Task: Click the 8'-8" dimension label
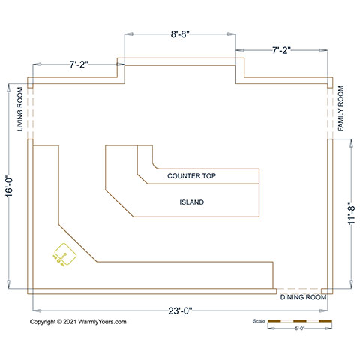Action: [x=180, y=34]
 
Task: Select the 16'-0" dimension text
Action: [x=9, y=186]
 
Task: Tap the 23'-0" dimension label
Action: [x=180, y=310]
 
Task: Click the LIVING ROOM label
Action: [x=20, y=109]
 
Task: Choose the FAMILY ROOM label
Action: [x=340, y=109]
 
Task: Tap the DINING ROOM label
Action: [x=303, y=297]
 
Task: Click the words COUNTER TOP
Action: [x=191, y=176]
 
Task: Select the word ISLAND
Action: [x=192, y=202]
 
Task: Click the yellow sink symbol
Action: [x=64, y=255]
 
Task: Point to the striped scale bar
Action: [x=300, y=321]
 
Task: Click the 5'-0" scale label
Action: [x=299, y=328]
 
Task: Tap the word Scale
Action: [x=259, y=321]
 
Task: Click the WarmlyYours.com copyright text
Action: [x=78, y=322]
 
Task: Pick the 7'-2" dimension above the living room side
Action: [x=79, y=64]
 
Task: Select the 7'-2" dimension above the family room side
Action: [x=281, y=50]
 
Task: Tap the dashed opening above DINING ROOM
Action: [x=298, y=289]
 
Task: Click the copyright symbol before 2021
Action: [x=59, y=322]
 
